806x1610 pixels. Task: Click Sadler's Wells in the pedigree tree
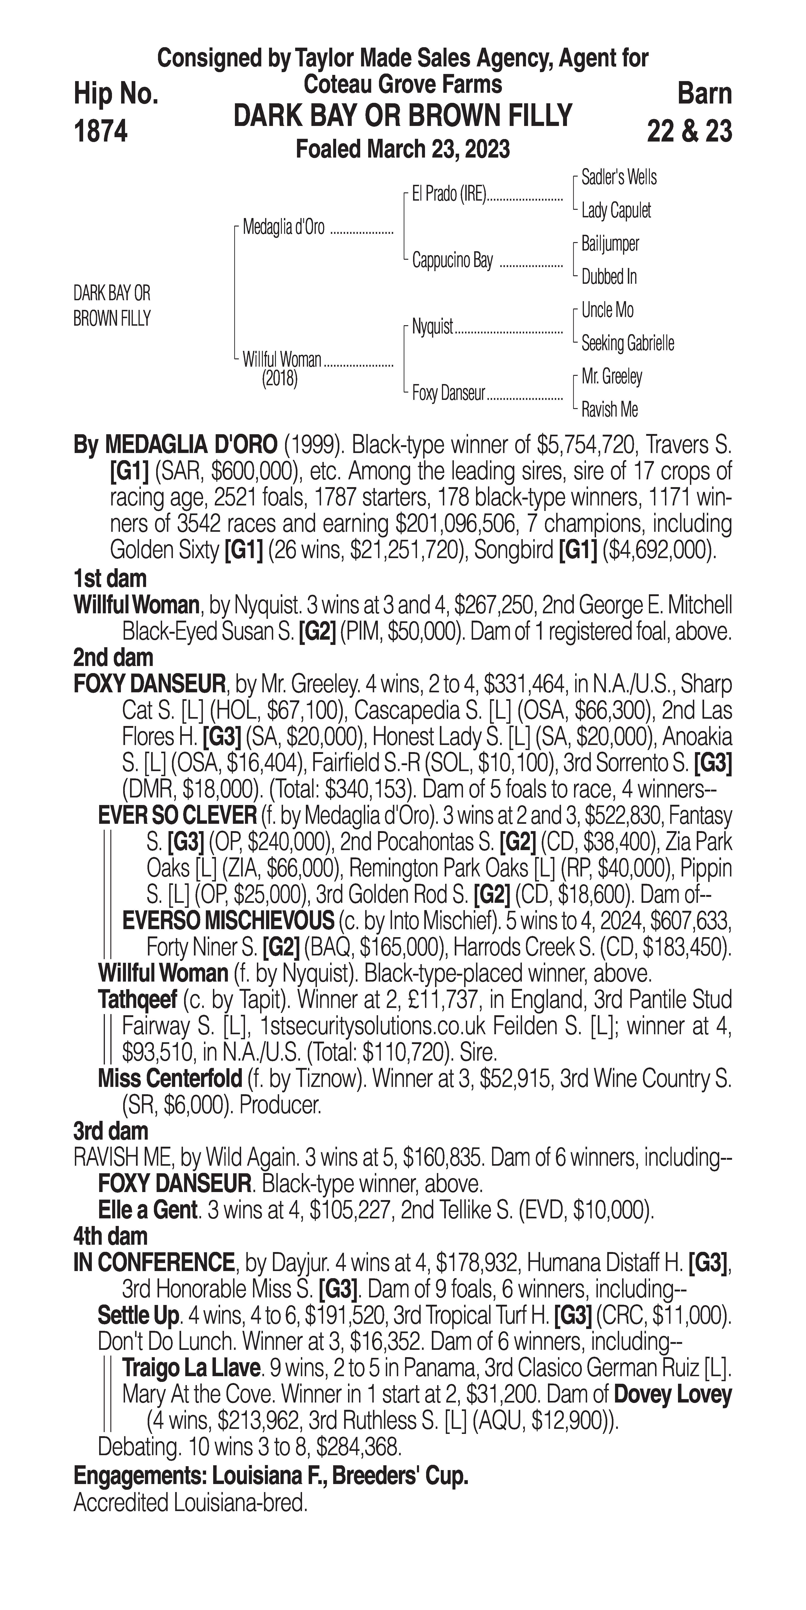[618, 177]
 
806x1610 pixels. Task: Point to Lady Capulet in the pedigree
[616, 211]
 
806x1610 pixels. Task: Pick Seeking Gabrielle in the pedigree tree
[627, 343]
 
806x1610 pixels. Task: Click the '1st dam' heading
[110, 579]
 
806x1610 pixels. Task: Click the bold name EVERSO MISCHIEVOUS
[228, 921]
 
